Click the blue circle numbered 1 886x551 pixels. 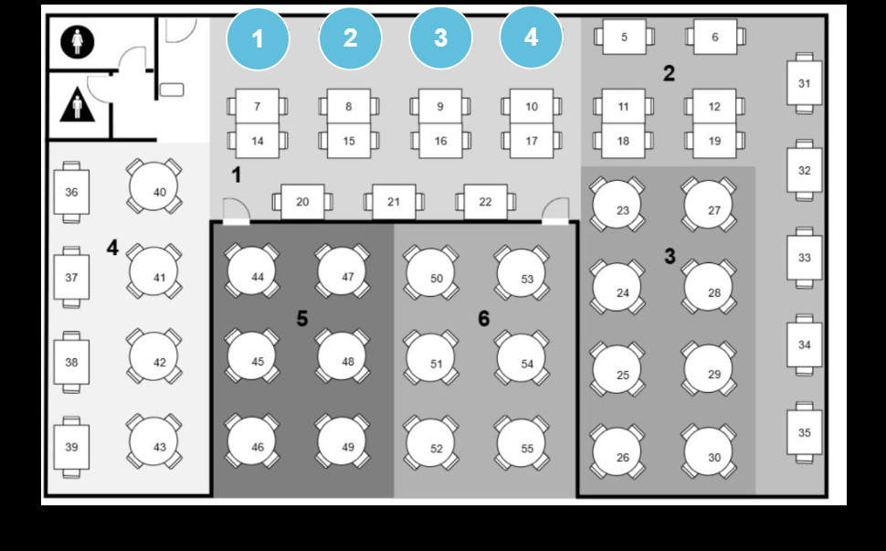(x=258, y=39)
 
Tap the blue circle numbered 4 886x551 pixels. (x=531, y=37)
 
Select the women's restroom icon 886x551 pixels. (x=78, y=42)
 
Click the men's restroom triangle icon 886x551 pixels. (x=78, y=104)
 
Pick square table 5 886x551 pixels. (x=624, y=37)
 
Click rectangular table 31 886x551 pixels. (x=804, y=83)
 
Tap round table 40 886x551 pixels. (x=153, y=185)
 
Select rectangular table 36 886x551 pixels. (x=71, y=192)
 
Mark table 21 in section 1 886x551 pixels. (x=394, y=202)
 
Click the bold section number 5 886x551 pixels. (x=302, y=319)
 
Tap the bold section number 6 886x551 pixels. (x=484, y=319)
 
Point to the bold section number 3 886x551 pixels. (x=670, y=257)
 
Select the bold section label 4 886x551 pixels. (x=112, y=248)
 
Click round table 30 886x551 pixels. (x=708, y=452)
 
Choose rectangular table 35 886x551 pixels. (x=804, y=432)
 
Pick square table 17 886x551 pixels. (x=532, y=141)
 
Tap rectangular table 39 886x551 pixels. (x=71, y=447)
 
